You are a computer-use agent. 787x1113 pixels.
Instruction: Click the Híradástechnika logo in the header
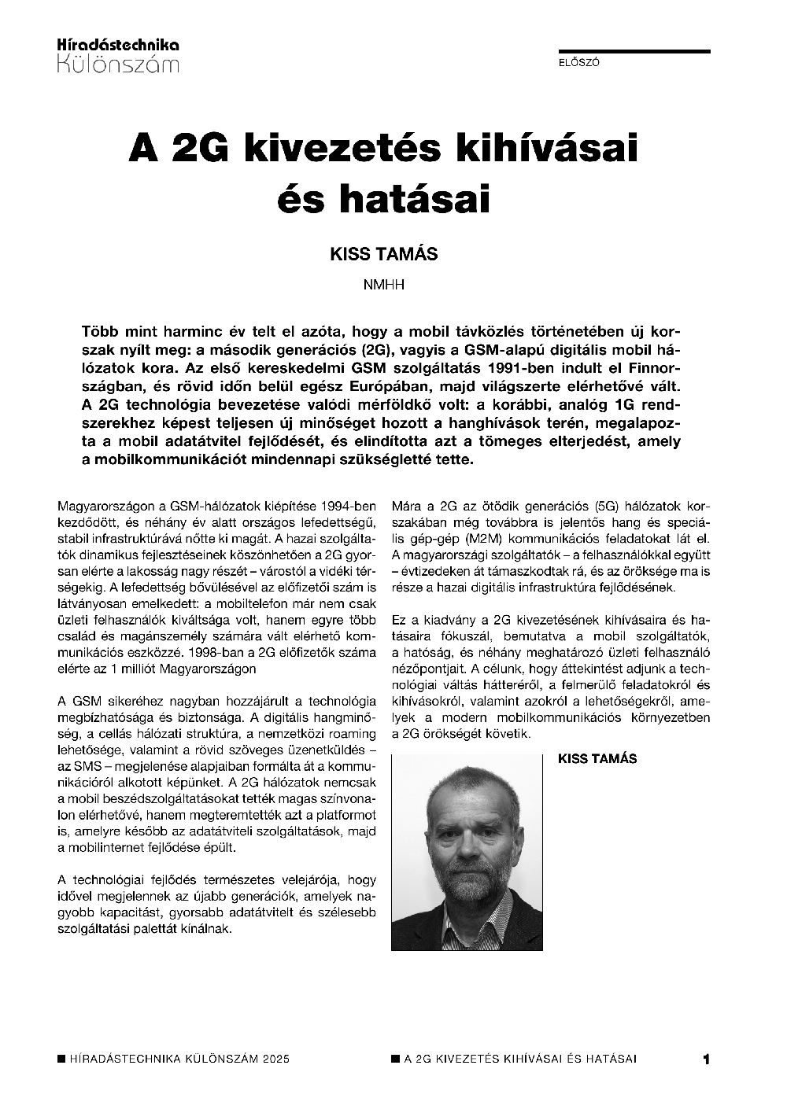point(118,54)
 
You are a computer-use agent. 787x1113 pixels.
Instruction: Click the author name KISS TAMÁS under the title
point(383,255)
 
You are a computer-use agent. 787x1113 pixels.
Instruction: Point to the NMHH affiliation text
point(383,285)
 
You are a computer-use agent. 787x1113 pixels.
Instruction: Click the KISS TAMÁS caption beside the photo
point(597,759)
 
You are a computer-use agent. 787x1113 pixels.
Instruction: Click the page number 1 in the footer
point(706,1060)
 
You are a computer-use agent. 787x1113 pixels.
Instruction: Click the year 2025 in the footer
point(275,1060)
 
